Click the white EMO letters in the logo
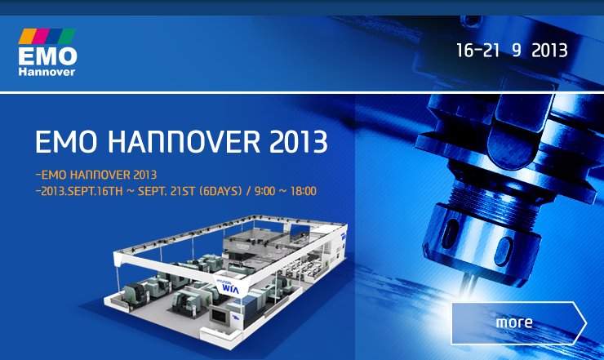[47, 56]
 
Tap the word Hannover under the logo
[47, 72]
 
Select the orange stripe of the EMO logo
[27, 36]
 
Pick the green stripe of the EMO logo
[67, 36]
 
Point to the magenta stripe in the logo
[41, 36]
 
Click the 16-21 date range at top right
[477, 51]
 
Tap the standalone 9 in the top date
[516, 51]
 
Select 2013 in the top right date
[549, 51]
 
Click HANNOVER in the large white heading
[184, 142]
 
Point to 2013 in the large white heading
[298, 142]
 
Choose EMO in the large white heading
[66, 142]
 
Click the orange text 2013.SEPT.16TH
[82, 191]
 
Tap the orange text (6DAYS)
[220, 191]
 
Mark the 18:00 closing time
[303, 191]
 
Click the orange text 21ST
[182, 191]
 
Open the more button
[518, 323]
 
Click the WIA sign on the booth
[231, 289]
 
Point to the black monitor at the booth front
[219, 316]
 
